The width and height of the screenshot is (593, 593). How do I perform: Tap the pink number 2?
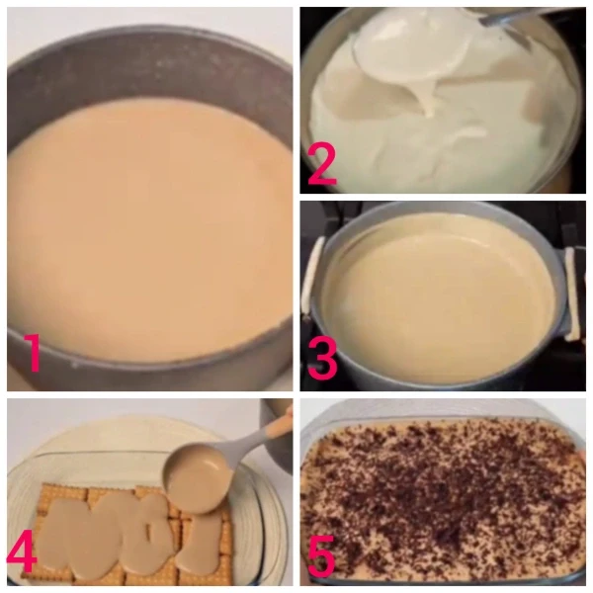click(321, 166)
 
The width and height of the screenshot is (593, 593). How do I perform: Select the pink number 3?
click(322, 359)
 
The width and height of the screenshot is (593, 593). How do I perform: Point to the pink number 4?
click(22, 555)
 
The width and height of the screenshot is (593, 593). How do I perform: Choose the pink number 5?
click(321, 555)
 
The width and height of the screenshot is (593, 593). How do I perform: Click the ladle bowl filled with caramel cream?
click(199, 478)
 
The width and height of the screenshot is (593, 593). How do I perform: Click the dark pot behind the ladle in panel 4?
click(276, 439)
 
